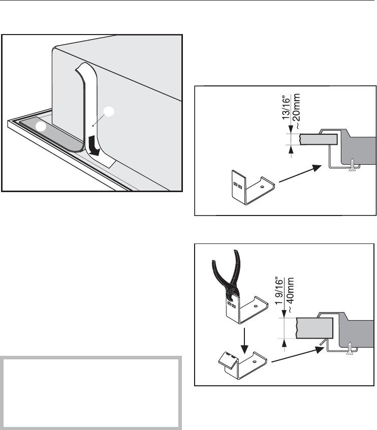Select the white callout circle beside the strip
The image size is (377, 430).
tap(109, 112)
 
